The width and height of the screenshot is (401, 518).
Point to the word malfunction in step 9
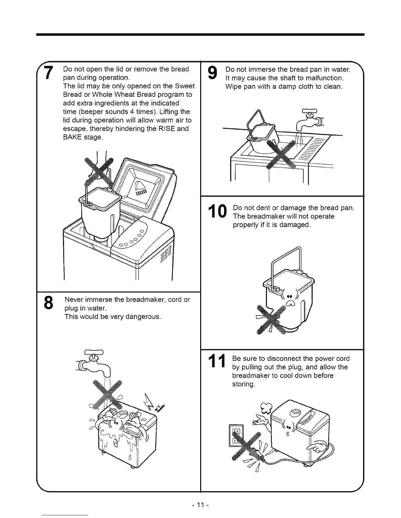tap(323, 78)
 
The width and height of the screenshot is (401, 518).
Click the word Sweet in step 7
tap(185, 86)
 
